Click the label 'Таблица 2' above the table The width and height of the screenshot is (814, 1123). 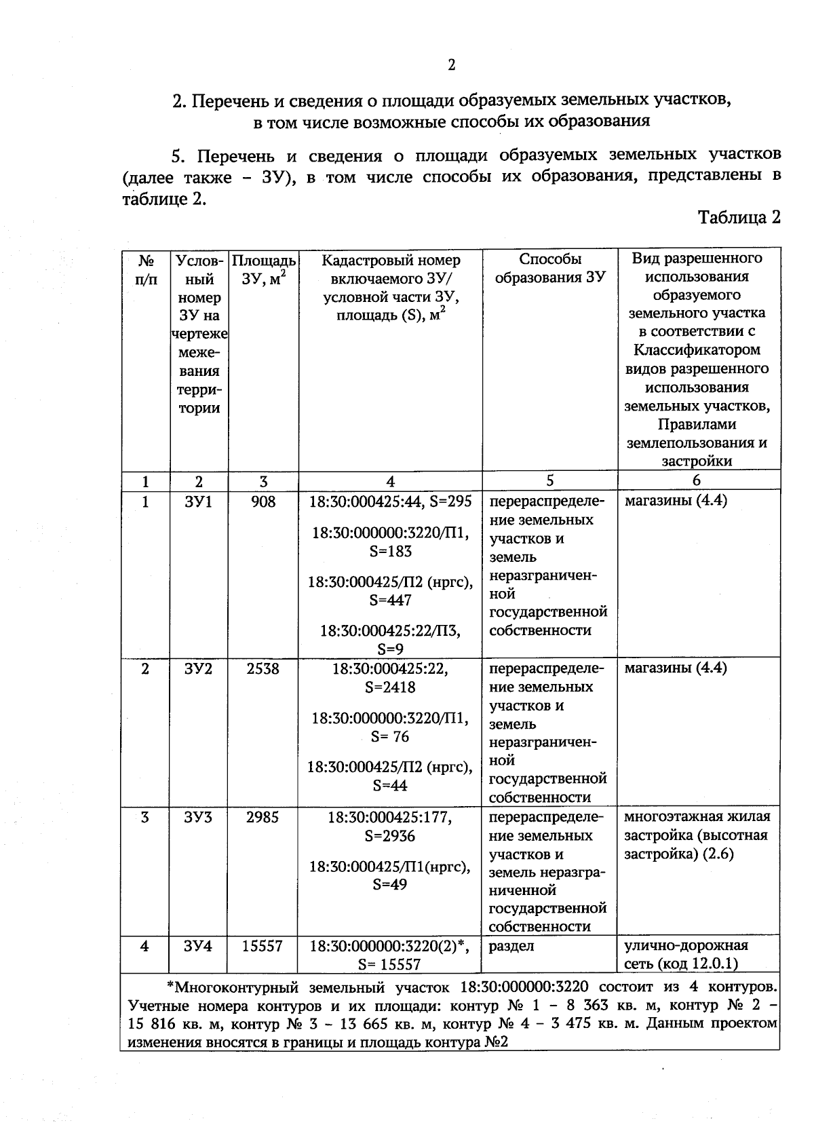739,217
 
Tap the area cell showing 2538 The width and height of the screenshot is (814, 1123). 263,668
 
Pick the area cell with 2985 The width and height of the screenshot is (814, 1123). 263,818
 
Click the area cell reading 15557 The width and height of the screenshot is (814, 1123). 263,946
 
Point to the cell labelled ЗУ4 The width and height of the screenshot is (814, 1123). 198,946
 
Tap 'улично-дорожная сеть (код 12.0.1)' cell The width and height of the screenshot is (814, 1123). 686,955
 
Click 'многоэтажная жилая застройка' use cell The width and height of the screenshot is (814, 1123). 697,835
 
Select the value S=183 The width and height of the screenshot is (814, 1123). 390,551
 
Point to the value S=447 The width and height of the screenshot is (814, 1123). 390,600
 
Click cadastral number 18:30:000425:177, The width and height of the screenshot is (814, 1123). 390,818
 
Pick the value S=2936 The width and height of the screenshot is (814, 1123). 390,836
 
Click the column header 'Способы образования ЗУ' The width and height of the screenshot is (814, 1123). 549,268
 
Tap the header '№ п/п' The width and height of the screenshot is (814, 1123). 145,269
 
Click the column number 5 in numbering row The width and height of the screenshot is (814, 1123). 549,480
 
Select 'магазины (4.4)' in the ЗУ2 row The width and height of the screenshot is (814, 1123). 675,668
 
